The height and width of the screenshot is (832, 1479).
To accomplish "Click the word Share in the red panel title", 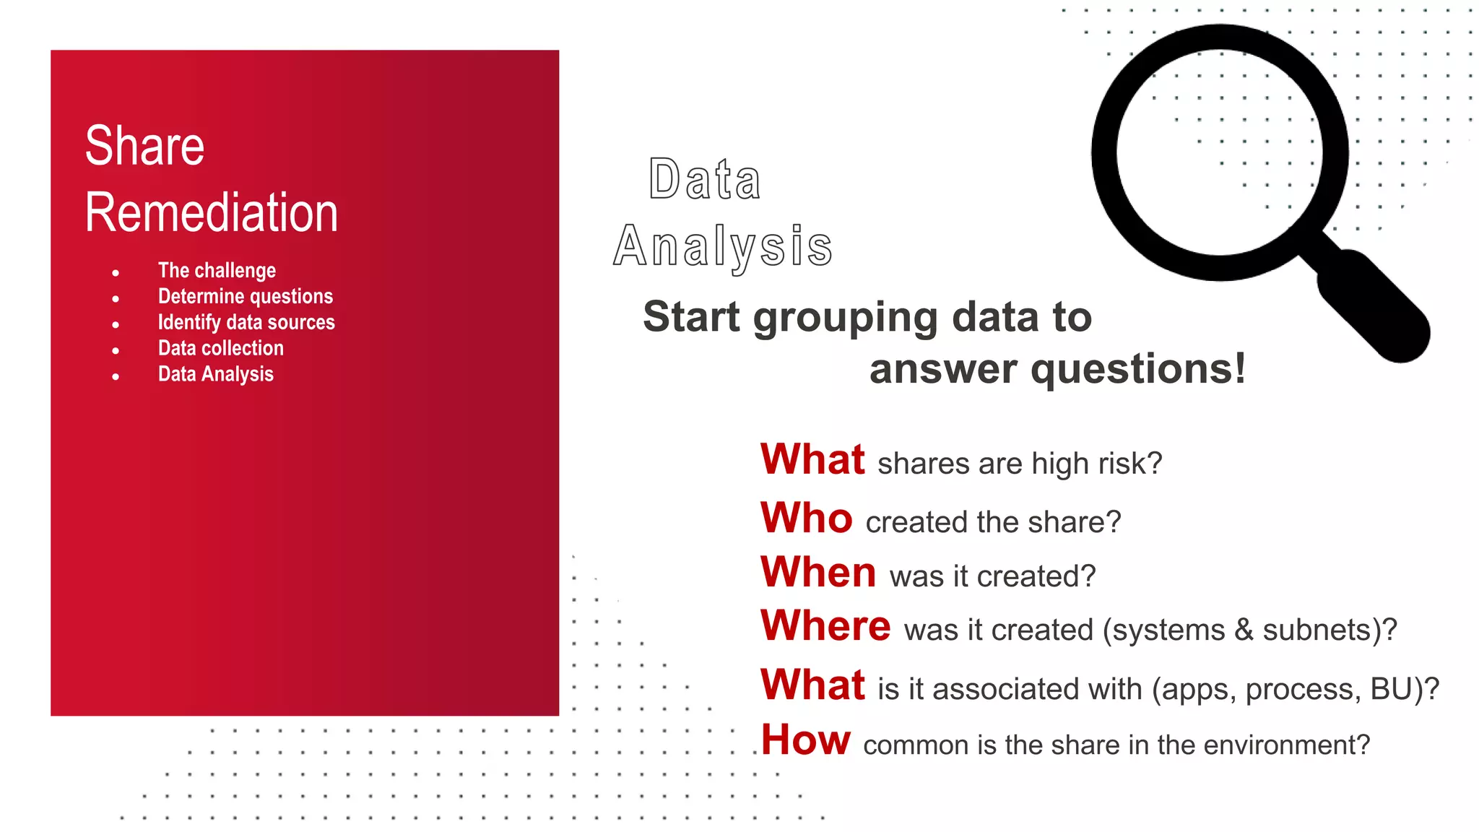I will (x=144, y=146).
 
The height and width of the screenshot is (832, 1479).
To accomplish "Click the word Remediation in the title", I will (x=211, y=213).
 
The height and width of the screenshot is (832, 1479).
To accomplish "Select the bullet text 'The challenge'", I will (x=217, y=271).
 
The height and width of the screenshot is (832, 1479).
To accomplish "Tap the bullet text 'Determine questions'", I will (x=246, y=297).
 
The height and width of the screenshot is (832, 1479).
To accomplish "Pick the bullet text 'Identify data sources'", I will (x=246, y=323).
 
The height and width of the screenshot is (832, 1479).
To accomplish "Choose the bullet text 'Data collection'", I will (x=221, y=349).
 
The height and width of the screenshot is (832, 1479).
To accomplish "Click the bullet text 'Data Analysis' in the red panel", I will (x=216, y=375).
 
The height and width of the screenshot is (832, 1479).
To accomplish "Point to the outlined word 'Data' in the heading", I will (x=704, y=179).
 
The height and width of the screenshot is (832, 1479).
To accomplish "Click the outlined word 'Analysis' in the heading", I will (x=723, y=247).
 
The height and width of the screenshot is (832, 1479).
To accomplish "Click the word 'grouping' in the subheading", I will (x=846, y=318).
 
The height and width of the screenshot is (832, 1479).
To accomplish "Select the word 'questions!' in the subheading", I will (x=1137, y=369).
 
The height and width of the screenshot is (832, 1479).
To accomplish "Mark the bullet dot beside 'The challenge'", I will (x=116, y=273).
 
